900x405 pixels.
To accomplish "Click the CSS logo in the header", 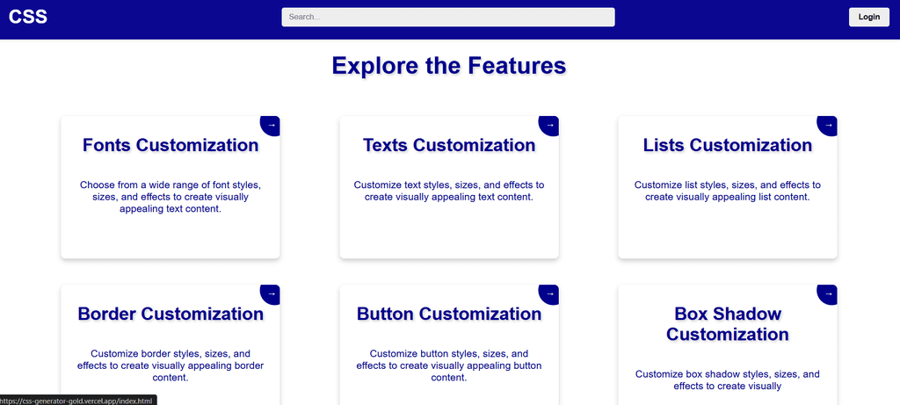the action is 27,17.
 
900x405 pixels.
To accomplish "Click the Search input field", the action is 447,18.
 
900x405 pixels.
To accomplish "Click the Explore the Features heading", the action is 449,65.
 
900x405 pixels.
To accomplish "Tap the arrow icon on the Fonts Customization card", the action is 271,125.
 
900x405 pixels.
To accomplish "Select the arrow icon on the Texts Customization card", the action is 549,125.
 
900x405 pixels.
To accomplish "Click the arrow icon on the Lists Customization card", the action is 828,125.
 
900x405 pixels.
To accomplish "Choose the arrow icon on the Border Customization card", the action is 271,293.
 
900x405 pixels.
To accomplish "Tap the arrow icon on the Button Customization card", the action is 549,293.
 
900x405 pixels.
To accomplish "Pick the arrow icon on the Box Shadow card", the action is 828,293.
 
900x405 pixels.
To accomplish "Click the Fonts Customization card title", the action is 171,145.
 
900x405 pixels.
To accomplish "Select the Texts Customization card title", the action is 449,145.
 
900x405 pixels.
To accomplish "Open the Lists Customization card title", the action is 727,145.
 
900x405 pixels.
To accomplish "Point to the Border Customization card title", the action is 171,314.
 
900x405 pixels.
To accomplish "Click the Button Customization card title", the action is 449,314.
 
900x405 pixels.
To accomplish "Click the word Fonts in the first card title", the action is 107,145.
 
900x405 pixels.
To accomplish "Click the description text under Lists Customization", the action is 727,191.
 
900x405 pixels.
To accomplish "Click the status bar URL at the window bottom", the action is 77,401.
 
